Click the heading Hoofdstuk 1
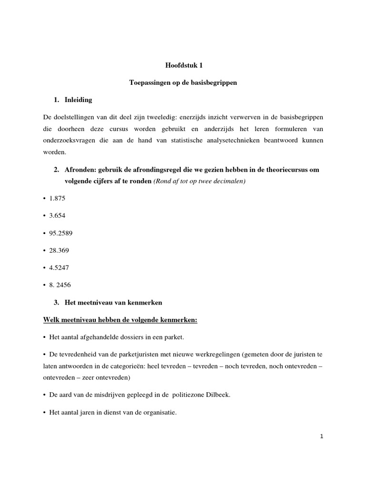point(183,66)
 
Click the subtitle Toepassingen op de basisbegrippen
point(183,83)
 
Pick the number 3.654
point(57,215)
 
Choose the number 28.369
point(59,250)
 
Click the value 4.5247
point(59,267)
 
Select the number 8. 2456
point(60,285)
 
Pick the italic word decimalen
point(231,181)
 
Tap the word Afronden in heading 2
point(79,170)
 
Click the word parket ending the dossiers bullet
point(174,337)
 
